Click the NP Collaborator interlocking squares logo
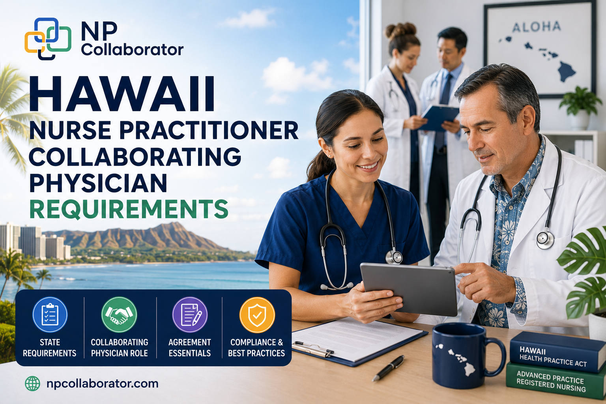pos(48,39)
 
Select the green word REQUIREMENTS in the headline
pos(129,209)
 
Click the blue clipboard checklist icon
pos(50,314)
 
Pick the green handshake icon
pos(119,314)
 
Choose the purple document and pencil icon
pos(190,314)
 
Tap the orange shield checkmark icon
pos(257,314)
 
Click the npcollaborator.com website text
pos(102,384)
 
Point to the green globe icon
pos(32,383)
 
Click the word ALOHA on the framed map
pos(537,27)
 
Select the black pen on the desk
pos(388,368)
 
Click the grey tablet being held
pos(408,289)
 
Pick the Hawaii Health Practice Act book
pos(557,352)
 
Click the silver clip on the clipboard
pos(313,349)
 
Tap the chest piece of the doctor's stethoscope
pos(545,240)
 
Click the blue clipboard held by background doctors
pos(440,118)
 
